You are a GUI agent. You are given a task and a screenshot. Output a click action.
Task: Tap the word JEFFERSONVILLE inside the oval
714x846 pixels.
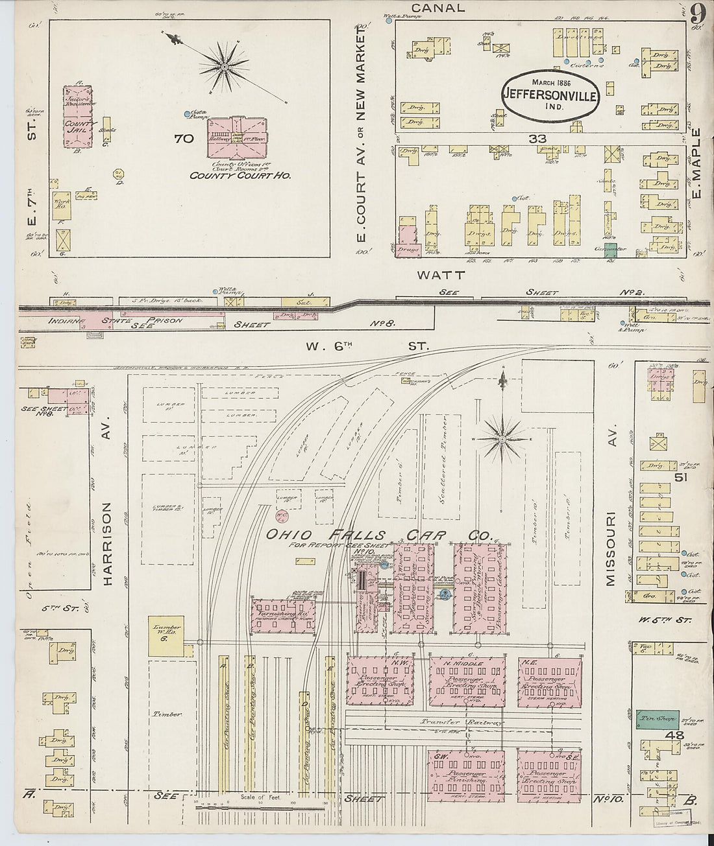point(550,94)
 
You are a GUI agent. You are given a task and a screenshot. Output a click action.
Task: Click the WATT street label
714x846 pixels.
point(432,276)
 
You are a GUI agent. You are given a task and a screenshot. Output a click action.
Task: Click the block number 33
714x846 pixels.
point(537,139)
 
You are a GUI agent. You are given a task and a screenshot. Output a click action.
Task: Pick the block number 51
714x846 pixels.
point(680,478)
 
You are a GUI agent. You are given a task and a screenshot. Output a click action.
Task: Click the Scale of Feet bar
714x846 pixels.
point(260,808)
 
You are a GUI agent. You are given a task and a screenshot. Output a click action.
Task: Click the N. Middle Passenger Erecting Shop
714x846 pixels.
point(467,682)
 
